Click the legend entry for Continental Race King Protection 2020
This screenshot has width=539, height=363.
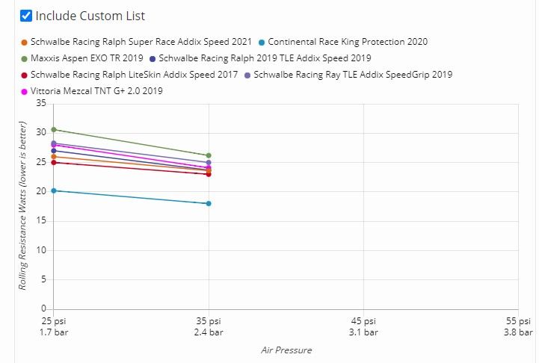click(x=347, y=42)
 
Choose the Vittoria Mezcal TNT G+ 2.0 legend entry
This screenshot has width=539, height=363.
click(x=96, y=91)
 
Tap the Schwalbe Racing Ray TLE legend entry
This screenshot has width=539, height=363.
click(x=352, y=75)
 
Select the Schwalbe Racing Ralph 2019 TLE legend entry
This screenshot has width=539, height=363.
click(x=265, y=58)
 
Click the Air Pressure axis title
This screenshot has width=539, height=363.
click(x=286, y=350)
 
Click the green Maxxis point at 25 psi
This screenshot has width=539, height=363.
click(x=54, y=129)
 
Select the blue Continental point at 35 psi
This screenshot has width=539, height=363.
click(x=208, y=203)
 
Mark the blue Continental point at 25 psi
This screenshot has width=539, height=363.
click(x=54, y=190)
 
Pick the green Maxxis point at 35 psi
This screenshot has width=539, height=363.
click(x=208, y=155)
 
